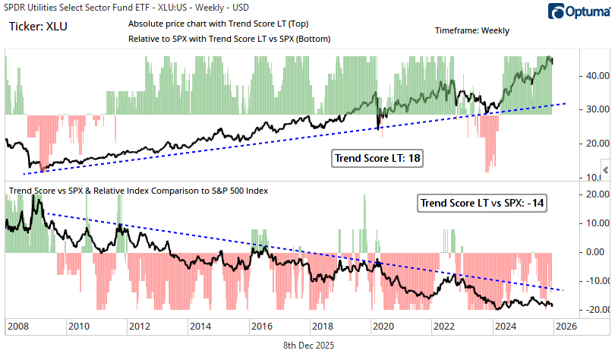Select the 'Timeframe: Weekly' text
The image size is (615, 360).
tap(472, 31)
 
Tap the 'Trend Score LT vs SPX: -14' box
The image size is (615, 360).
tap(484, 203)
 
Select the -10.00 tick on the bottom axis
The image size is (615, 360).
tap(592, 281)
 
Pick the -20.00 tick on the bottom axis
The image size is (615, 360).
tap(592, 310)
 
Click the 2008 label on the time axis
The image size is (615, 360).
tap(18, 327)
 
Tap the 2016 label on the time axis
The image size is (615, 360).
tap(261, 327)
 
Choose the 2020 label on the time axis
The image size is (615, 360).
tap(383, 327)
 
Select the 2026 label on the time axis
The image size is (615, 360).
tap(565, 327)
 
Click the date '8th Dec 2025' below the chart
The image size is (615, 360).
tap(307, 345)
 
